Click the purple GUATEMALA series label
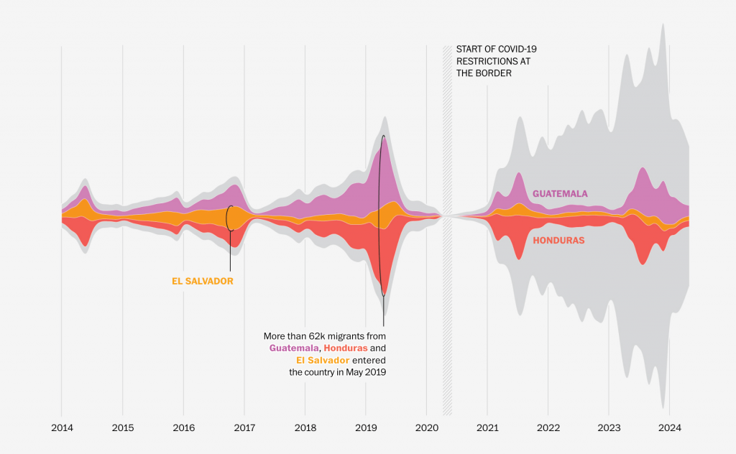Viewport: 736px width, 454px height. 560,194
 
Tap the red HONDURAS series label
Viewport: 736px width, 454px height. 558,241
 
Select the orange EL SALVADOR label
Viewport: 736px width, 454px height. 202,282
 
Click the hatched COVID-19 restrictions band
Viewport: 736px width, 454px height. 447,230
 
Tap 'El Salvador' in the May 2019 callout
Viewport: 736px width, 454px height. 323,360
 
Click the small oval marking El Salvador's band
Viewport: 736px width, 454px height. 230,218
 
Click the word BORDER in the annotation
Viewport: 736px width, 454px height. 495,73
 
